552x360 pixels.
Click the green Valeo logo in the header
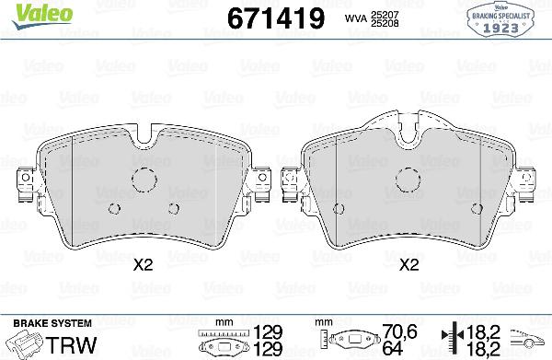pos(29,12)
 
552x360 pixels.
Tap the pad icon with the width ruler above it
pos(224,344)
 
